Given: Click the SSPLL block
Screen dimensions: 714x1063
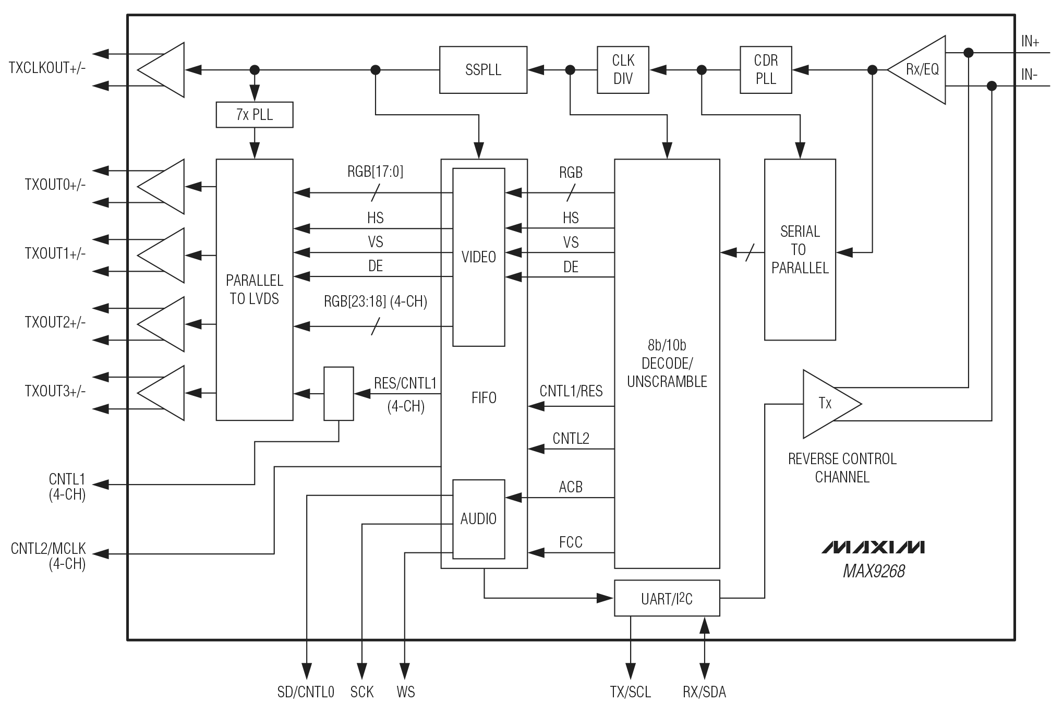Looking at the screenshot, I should click(483, 70).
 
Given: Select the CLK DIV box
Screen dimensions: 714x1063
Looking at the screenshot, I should click(623, 70).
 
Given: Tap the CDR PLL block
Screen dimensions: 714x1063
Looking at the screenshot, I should click(765, 70).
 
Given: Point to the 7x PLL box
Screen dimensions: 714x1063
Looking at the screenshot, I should click(254, 115).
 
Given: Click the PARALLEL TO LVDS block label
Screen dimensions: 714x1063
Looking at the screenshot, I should click(254, 289).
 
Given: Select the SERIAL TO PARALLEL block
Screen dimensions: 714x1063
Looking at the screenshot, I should click(800, 249).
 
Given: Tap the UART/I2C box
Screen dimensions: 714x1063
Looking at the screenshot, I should click(667, 598).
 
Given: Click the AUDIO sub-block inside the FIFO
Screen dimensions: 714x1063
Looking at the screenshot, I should click(478, 519).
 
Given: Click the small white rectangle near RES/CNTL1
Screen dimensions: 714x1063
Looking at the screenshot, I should click(339, 394).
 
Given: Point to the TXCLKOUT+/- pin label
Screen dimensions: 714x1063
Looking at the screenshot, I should click(47, 68).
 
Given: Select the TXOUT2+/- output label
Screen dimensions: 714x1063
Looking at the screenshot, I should click(55, 323).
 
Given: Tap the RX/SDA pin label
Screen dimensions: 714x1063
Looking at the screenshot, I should click(704, 692).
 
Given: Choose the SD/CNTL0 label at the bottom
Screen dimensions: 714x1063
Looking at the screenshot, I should click(306, 692).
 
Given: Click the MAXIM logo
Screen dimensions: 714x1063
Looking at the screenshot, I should click(873, 547).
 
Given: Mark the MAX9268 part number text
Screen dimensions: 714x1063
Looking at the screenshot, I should click(874, 571).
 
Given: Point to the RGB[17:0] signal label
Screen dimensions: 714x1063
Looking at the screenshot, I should click(375, 172).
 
